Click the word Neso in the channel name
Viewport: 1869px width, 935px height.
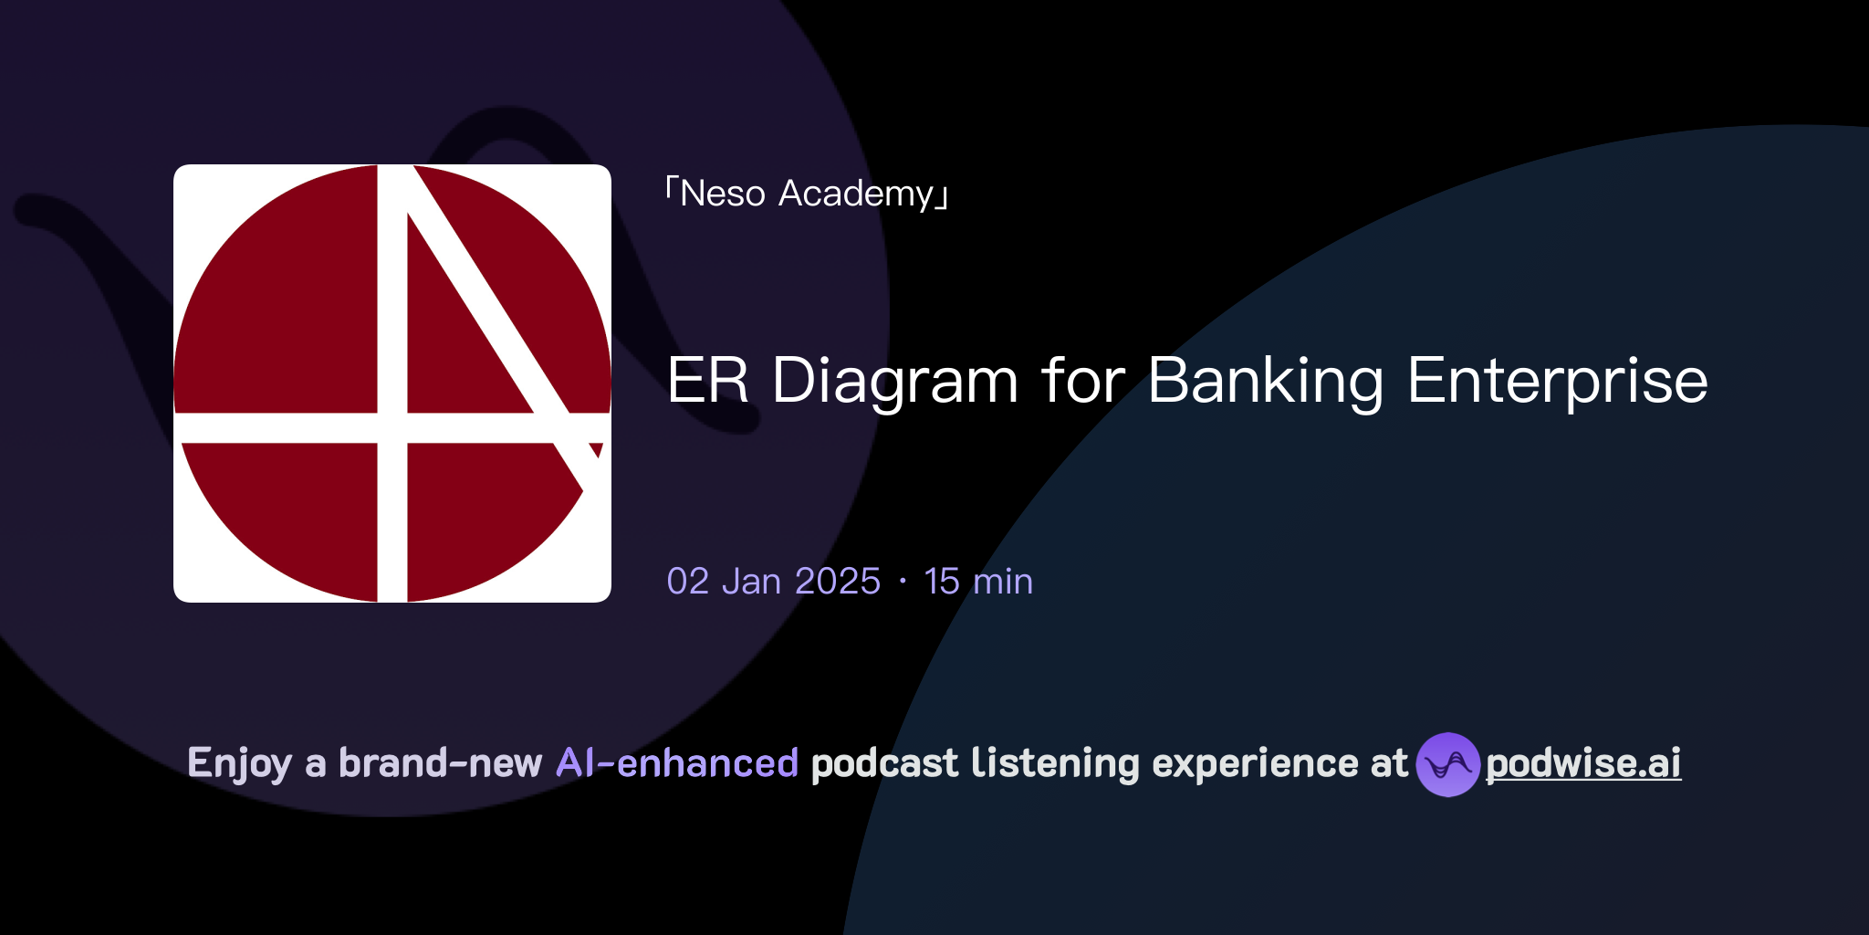722,194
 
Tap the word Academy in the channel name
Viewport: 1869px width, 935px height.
856,194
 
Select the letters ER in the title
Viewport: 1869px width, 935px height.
707,380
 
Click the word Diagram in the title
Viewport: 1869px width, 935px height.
894,380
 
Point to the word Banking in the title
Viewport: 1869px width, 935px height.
1265,380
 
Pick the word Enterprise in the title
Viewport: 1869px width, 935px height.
1557,380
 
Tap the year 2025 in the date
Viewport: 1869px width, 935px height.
837,582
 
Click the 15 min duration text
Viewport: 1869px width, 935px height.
978,582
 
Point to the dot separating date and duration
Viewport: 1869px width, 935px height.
903,582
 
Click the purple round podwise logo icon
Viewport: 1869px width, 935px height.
1447,764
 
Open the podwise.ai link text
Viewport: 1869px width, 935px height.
1583,763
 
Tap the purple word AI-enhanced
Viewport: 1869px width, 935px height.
677,763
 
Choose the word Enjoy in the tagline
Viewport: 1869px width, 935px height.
239,763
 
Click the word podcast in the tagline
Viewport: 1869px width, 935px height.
884,763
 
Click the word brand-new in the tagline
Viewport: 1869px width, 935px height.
440,763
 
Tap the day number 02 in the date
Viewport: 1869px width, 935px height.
687,582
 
